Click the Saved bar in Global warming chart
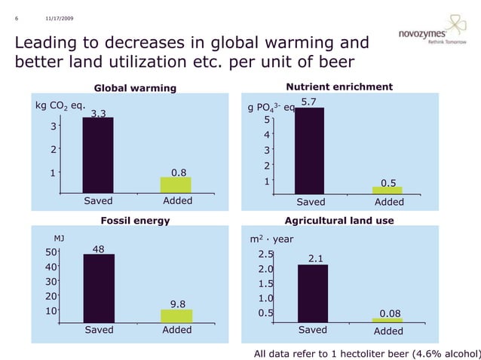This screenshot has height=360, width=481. pos(97,155)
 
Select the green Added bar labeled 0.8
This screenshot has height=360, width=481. pos(176,185)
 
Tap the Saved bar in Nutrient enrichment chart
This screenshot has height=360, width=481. pos(309,151)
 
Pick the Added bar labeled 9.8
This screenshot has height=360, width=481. pos(177,316)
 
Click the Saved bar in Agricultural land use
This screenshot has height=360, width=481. pos(312,293)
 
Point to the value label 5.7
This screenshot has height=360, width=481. pos(308,101)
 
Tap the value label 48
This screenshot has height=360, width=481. pos(100,248)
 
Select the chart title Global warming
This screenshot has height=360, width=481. pos(134,88)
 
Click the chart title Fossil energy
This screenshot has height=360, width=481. pos(135,221)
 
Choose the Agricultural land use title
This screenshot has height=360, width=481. pos(339,221)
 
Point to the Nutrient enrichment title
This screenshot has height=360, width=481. pos(339,87)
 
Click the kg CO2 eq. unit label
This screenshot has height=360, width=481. pos(61,105)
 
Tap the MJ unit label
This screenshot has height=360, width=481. pos(58,238)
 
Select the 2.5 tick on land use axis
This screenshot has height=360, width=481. pos(266,255)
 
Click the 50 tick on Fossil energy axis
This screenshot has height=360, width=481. pos(51,252)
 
